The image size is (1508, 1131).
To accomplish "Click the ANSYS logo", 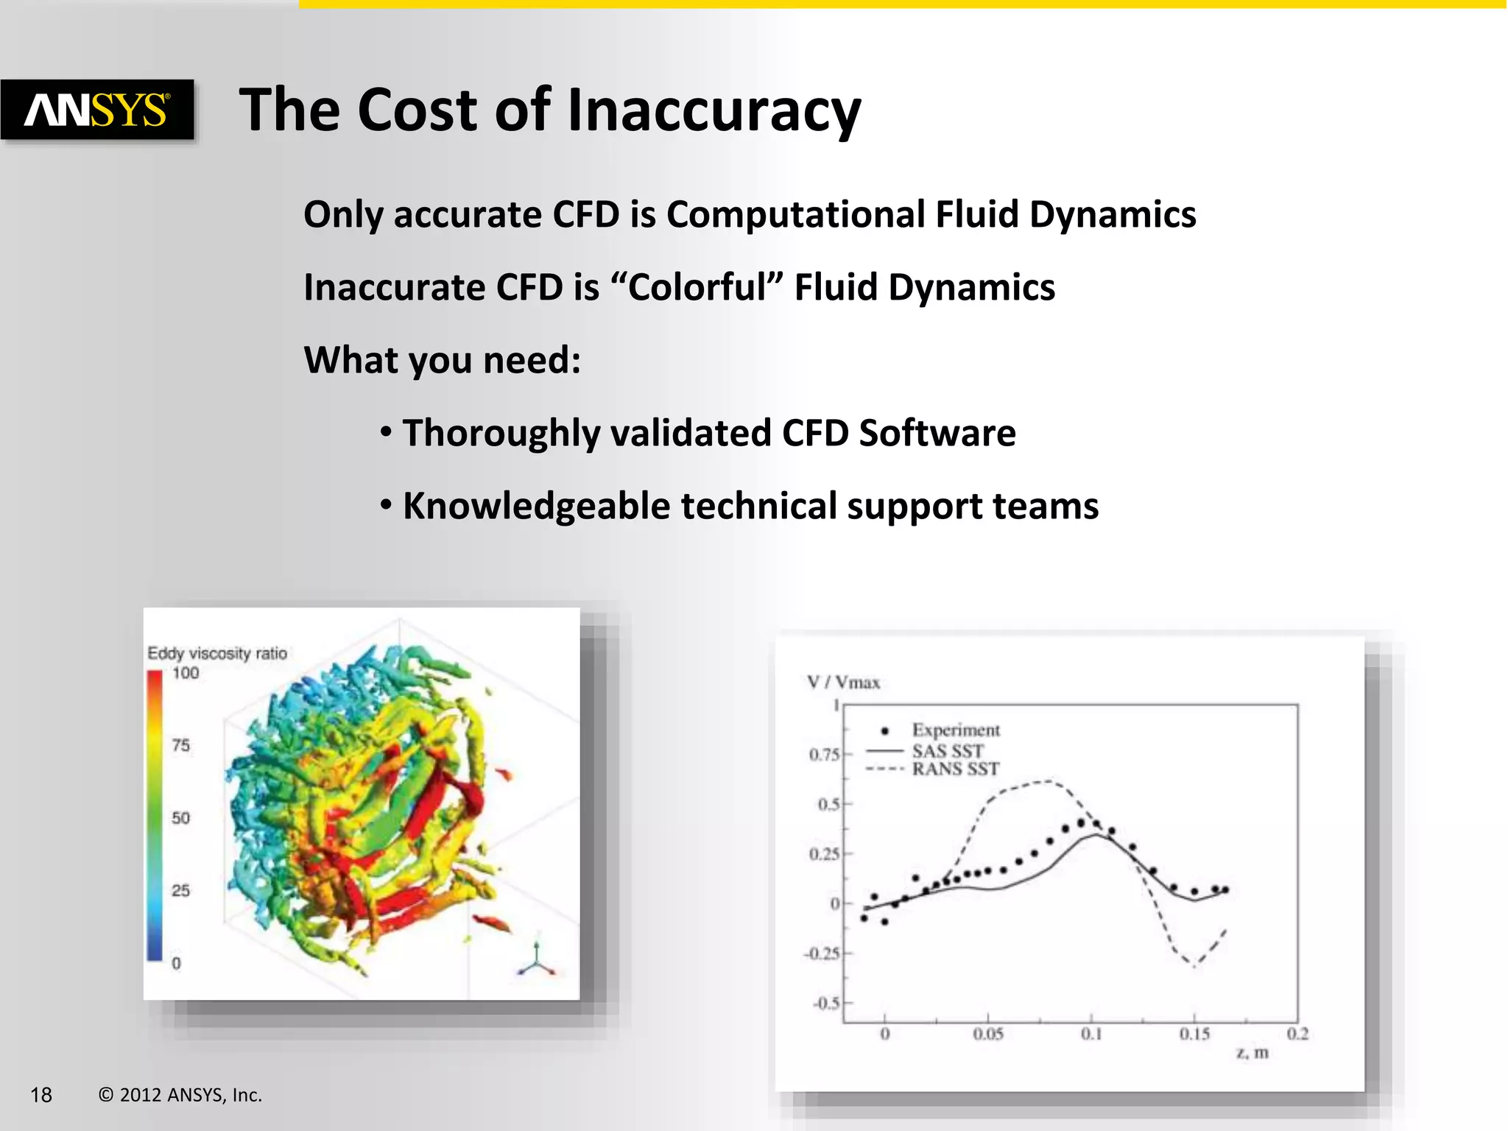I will click(x=97, y=110).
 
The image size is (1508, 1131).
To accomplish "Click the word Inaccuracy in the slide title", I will click(x=714, y=110).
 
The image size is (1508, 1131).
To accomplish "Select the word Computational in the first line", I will click(x=795, y=215).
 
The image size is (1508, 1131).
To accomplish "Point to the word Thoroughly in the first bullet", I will click(x=501, y=433).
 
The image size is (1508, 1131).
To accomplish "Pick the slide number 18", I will click(x=41, y=1095).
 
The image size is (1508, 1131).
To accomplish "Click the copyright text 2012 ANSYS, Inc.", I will click(x=190, y=1095).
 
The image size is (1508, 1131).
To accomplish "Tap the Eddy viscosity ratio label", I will click(x=217, y=653).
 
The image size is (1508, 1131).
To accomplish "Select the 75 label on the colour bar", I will click(x=181, y=745).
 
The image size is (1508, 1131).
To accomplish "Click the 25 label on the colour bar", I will click(x=181, y=890).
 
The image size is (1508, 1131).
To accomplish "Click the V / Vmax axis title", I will click(x=843, y=683).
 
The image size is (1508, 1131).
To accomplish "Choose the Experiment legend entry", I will click(x=955, y=730).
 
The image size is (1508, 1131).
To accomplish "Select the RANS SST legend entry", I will click(x=955, y=769).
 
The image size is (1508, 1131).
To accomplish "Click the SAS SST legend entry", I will click(x=947, y=751).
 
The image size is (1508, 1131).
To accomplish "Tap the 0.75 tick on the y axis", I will click(x=824, y=755).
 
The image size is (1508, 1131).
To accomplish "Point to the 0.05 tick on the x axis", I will click(x=988, y=1035).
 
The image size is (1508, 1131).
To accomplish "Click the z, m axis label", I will click(x=1252, y=1053).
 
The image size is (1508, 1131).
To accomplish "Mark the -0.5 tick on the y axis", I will click(x=825, y=1004).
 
